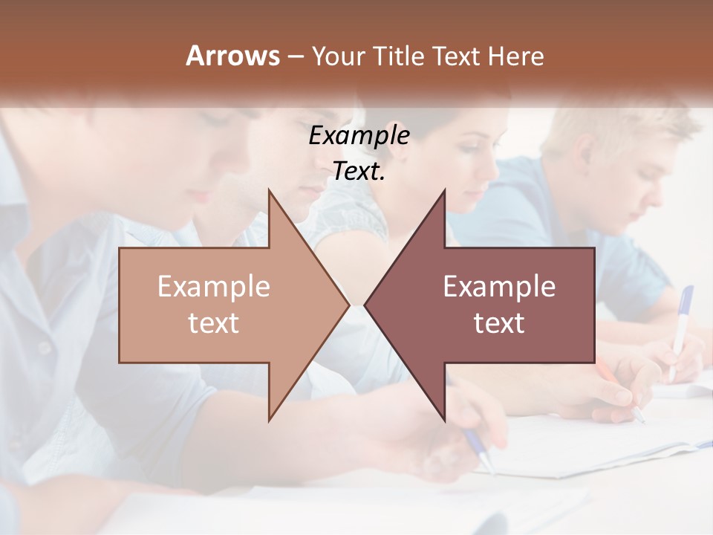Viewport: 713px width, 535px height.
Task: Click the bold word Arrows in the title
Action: coord(232,56)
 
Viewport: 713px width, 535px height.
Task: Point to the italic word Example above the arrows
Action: coord(359,135)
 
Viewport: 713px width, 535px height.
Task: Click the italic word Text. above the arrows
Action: coord(359,172)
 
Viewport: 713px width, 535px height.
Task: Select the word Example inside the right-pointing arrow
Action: coord(213,287)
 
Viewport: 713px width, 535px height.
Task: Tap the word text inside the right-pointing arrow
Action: coord(213,323)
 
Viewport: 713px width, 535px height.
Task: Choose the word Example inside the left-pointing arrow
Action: coord(499,287)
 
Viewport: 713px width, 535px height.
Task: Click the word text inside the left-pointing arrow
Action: coord(499,323)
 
